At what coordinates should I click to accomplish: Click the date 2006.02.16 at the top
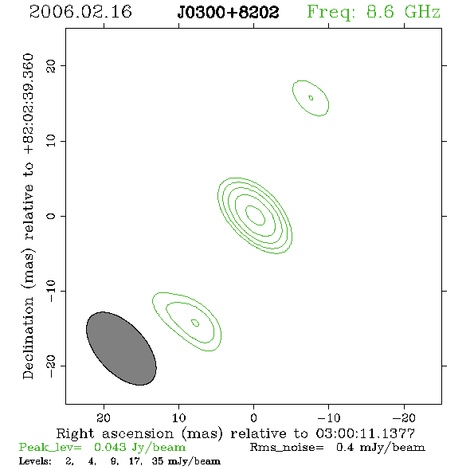(x=80, y=12)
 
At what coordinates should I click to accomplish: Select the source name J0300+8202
(x=228, y=13)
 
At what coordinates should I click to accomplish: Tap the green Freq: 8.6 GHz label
(x=374, y=13)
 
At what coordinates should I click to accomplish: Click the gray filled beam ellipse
(x=121, y=348)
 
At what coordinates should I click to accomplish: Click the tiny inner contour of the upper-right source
(x=311, y=98)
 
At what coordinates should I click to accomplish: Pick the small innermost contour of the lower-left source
(x=195, y=323)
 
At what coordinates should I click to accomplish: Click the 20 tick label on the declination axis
(x=51, y=66)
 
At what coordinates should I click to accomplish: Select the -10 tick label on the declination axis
(x=51, y=291)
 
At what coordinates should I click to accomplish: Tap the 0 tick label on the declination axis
(x=51, y=216)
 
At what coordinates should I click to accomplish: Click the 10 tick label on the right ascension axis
(x=179, y=418)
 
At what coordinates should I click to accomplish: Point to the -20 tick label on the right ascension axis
(x=404, y=418)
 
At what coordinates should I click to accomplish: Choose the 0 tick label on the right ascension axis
(x=253, y=418)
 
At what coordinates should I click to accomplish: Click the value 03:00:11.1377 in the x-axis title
(x=366, y=433)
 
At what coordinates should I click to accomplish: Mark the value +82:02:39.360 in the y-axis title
(x=29, y=104)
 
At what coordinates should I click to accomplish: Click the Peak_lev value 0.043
(x=110, y=447)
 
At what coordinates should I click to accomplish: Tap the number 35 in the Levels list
(x=158, y=460)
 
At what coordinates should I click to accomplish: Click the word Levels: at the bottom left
(x=35, y=460)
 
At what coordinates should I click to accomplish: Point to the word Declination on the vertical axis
(x=28, y=338)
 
